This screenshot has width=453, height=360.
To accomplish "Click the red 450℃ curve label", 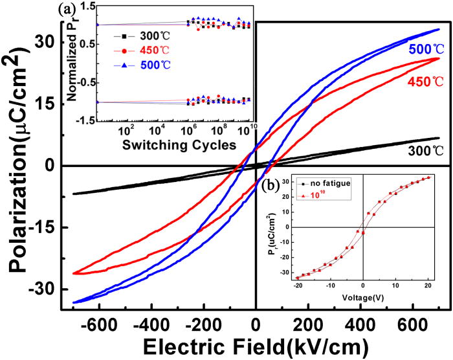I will tap(425, 82).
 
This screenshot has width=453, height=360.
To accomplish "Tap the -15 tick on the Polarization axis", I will tap(47, 228).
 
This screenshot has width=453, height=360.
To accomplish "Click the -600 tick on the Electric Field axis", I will tap(98, 322).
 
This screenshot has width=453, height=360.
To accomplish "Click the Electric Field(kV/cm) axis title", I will tap(257, 344).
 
